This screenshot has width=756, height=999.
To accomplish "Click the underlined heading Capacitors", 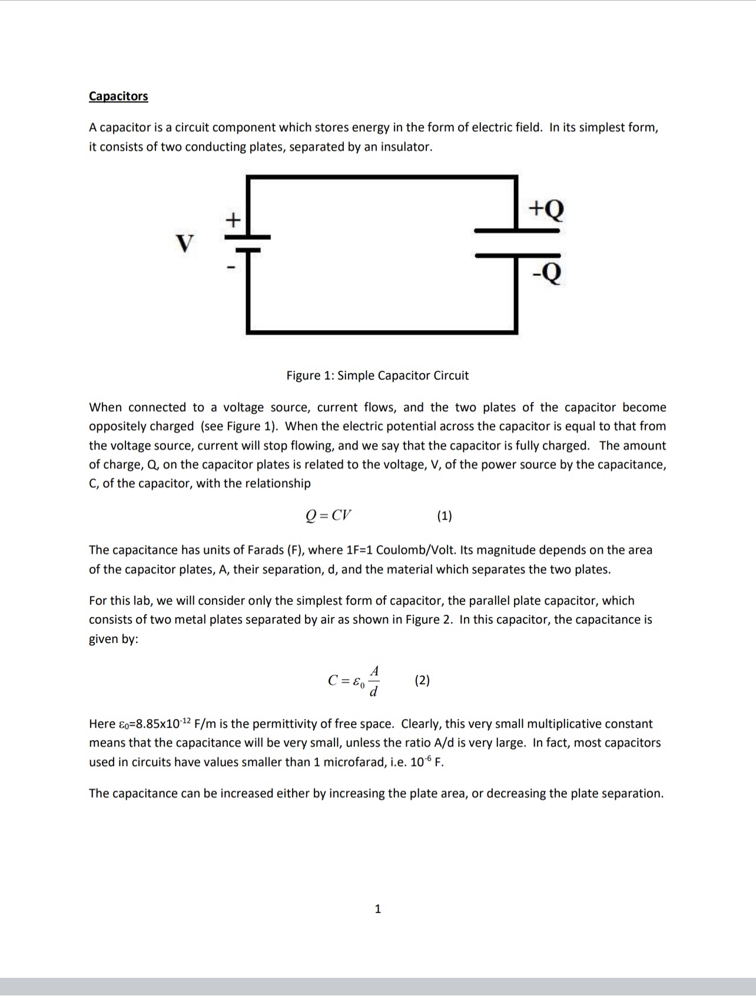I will (118, 96).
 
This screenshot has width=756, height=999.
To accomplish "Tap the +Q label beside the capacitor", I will (546, 208).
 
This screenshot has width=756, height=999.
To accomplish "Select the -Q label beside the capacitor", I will (546, 272).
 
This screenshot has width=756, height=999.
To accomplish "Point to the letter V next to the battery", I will (185, 242).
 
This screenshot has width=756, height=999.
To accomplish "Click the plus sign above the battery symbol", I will (234, 220).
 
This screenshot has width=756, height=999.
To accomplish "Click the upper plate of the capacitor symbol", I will (517, 231).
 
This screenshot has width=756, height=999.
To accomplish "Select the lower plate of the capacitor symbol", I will (517, 255).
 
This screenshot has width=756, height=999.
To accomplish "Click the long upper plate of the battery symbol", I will (247, 237).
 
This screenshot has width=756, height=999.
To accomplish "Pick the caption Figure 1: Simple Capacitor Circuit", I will (377, 375).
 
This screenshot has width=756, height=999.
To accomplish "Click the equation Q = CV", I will (329, 515).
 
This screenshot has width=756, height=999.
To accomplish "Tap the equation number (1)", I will (445, 516).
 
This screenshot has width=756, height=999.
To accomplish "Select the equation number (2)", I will (422, 680).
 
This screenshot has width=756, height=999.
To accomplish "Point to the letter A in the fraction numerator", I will (374, 671).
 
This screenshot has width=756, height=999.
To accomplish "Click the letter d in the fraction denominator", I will (373, 691).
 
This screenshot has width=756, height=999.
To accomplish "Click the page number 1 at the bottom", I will (378, 908).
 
